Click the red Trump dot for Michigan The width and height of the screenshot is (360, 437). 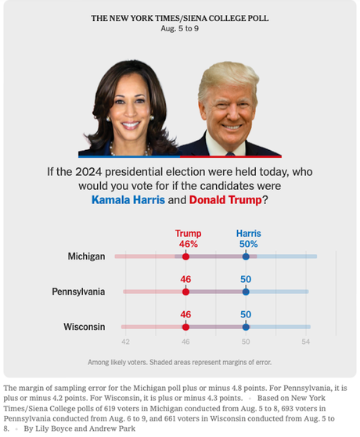pyautogui.click(x=185, y=256)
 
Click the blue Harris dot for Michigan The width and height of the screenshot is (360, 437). pyautogui.click(x=246, y=256)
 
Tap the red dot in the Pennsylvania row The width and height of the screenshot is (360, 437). pyautogui.click(x=185, y=292)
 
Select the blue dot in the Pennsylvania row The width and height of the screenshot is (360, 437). pyautogui.click(x=246, y=292)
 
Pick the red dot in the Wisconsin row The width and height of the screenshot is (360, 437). pyautogui.click(x=185, y=327)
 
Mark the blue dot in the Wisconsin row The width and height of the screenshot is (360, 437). pyautogui.click(x=246, y=327)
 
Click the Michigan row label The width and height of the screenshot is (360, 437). pyautogui.click(x=87, y=256)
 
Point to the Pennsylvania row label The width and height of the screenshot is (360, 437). pyautogui.click(x=78, y=292)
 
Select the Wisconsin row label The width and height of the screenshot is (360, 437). pyautogui.click(x=84, y=327)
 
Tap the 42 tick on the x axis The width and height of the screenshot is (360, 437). pyautogui.click(x=125, y=342)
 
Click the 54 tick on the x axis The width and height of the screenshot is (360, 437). pyautogui.click(x=306, y=342)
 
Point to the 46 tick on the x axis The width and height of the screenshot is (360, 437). pyautogui.click(x=185, y=342)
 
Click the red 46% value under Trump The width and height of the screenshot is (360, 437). pyautogui.click(x=187, y=244)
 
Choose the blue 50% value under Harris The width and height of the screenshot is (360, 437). pyautogui.click(x=248, y=244)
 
